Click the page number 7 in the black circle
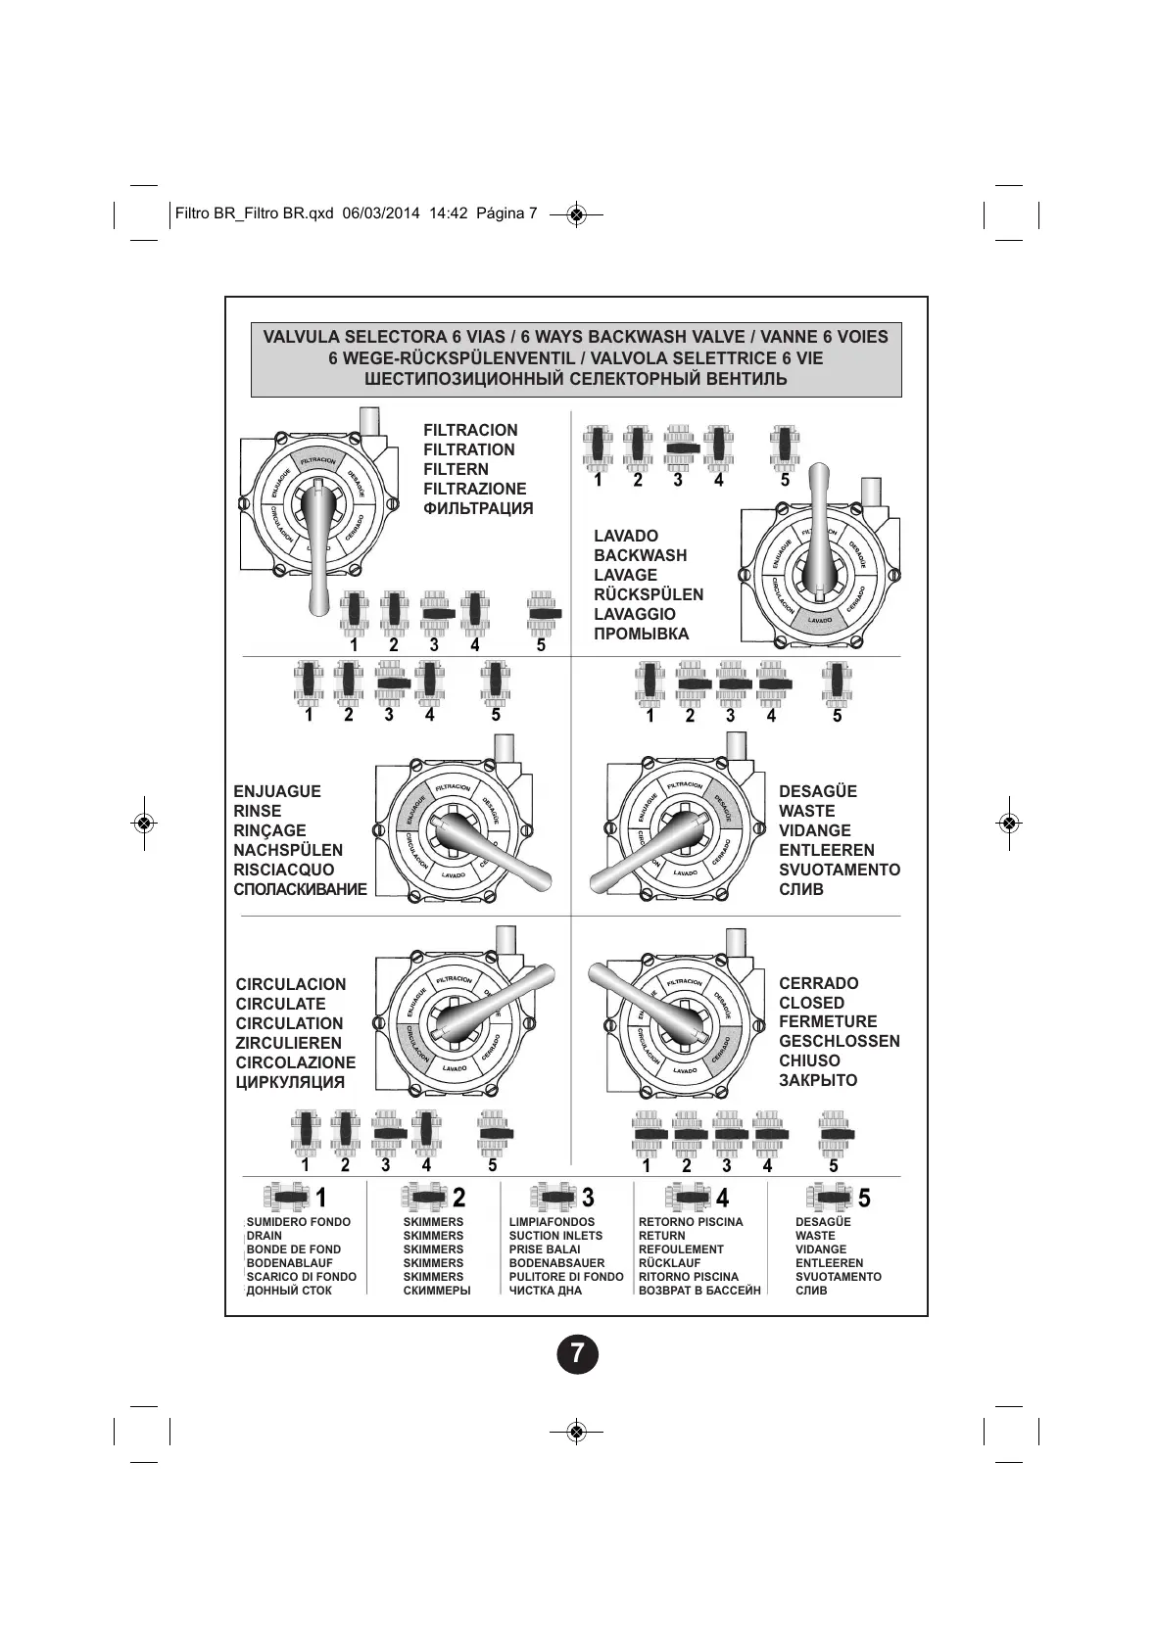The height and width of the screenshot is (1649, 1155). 577,1354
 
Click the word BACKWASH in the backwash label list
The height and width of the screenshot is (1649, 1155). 640,555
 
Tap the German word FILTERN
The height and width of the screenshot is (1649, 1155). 456,469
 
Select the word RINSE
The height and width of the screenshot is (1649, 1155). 257,811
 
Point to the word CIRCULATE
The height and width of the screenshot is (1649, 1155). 280,1004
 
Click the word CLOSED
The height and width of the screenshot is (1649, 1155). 811,1003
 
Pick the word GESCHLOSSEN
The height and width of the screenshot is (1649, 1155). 839,1041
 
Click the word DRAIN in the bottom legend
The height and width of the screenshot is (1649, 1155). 264,1236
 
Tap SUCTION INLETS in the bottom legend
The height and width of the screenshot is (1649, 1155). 555,1236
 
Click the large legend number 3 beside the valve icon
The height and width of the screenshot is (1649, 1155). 588,1198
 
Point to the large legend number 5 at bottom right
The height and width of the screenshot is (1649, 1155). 864,1198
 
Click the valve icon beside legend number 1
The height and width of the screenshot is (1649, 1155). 286,1197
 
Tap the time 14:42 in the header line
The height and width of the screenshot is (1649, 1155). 448,213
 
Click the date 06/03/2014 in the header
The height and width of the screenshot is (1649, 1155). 381,213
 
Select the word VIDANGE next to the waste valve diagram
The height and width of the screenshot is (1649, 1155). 814,830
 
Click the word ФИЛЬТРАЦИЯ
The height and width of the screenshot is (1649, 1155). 478,508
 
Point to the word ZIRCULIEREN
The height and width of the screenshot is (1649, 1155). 288,1043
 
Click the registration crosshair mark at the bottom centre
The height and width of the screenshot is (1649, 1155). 576,1432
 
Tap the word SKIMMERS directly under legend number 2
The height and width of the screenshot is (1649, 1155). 433,1222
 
